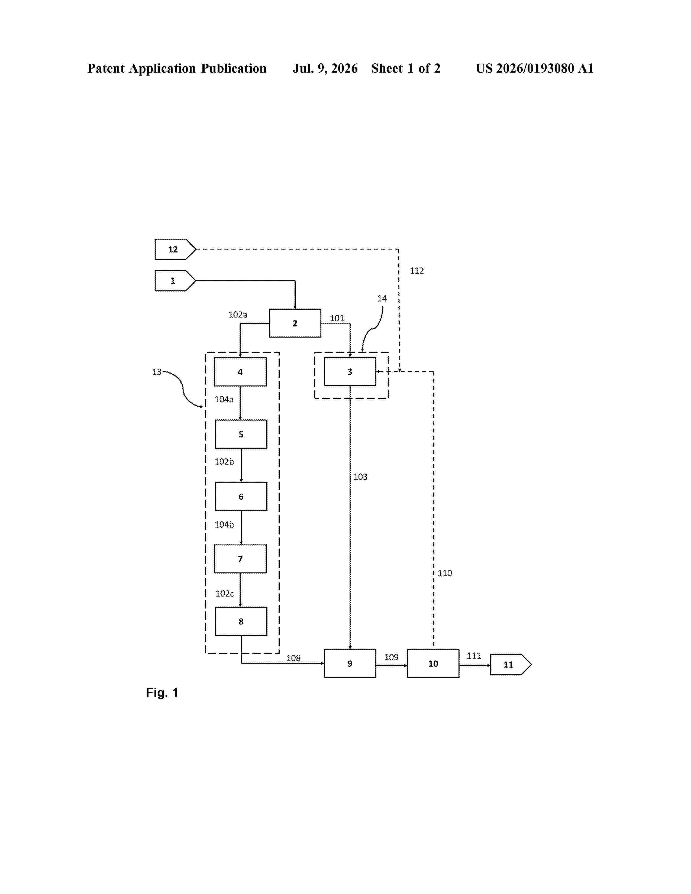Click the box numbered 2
click(295, 323)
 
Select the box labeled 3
click(350, 371)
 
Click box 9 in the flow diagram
click(350, 663)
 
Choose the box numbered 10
click(433, 663)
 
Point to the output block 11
click(511, 664)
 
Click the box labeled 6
click(241, 497)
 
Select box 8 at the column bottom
click(241, 621)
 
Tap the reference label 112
click(417, 271)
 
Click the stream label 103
click(360, 477)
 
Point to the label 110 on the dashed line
click(445, 573)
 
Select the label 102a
click(238, 314)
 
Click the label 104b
click(224, 524)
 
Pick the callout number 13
click(157, 372)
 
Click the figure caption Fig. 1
click(162, 693)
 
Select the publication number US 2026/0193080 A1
click(535, 68)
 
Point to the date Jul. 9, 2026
click(325, 68)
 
